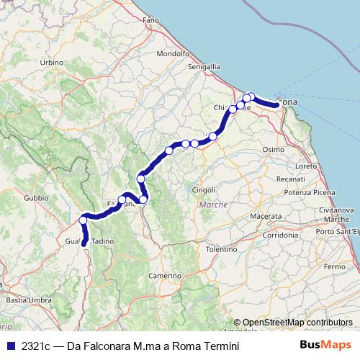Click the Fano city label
tap(150, 21)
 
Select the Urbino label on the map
tap(52, 63)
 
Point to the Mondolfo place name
tap(172, 53)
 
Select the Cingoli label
tap(204, 189)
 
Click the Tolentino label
tap(221, 248)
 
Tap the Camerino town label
tap(165, 276)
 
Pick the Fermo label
tap(335, 266)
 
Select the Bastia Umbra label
tap(22, 299)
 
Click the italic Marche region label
tap(213, 204)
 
